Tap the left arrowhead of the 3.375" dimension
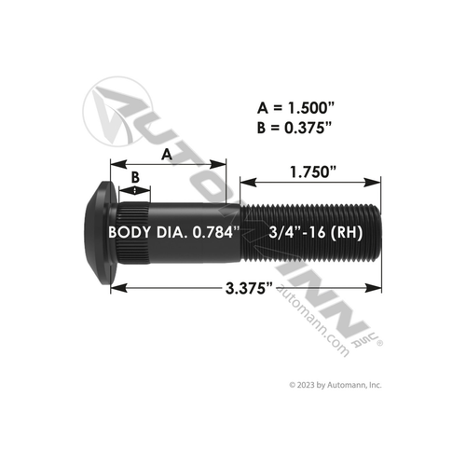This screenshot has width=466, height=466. pyautogui.click(x=114, y=290)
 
